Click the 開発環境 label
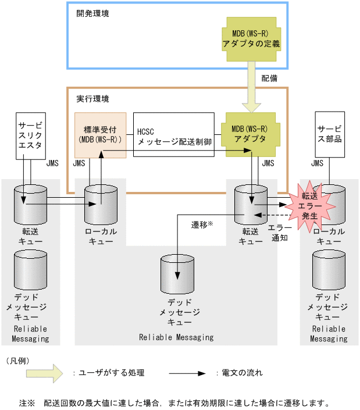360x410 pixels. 92,13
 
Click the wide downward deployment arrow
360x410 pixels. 251,91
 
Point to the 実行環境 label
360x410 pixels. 92,99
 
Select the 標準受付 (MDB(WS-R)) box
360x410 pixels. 100,134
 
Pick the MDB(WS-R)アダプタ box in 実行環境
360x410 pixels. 251,135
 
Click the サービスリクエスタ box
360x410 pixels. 30,135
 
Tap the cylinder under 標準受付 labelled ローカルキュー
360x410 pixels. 101,204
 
